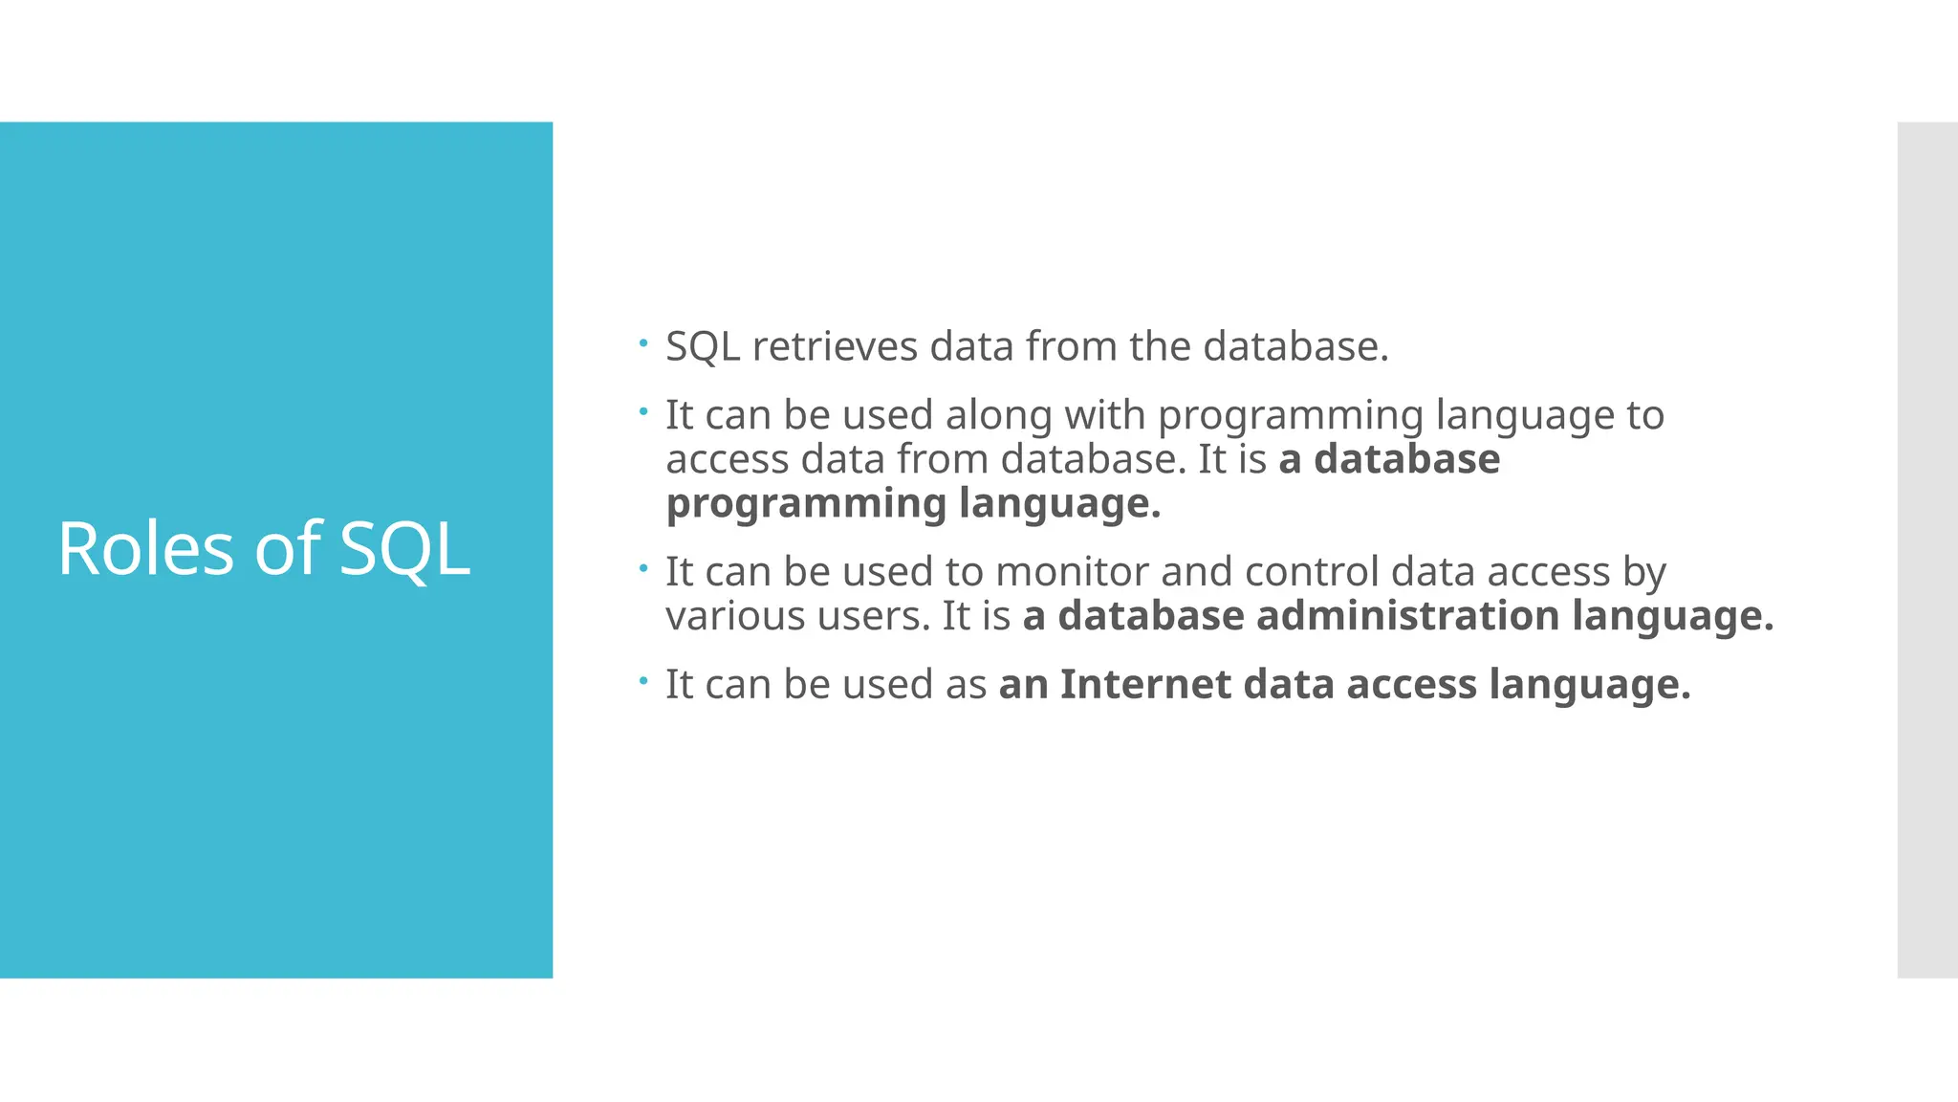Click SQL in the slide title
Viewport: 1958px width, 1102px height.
[404, 549]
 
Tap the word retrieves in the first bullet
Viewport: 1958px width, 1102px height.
[835, 346]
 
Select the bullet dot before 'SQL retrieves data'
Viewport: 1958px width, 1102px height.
[644, 342]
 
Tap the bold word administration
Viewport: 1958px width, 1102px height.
[1407, 616]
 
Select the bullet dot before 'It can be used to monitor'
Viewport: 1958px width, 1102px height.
[644, 568]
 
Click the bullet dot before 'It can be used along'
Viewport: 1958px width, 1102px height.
[644, 411]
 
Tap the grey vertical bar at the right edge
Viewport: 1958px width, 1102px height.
[1926, 549]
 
